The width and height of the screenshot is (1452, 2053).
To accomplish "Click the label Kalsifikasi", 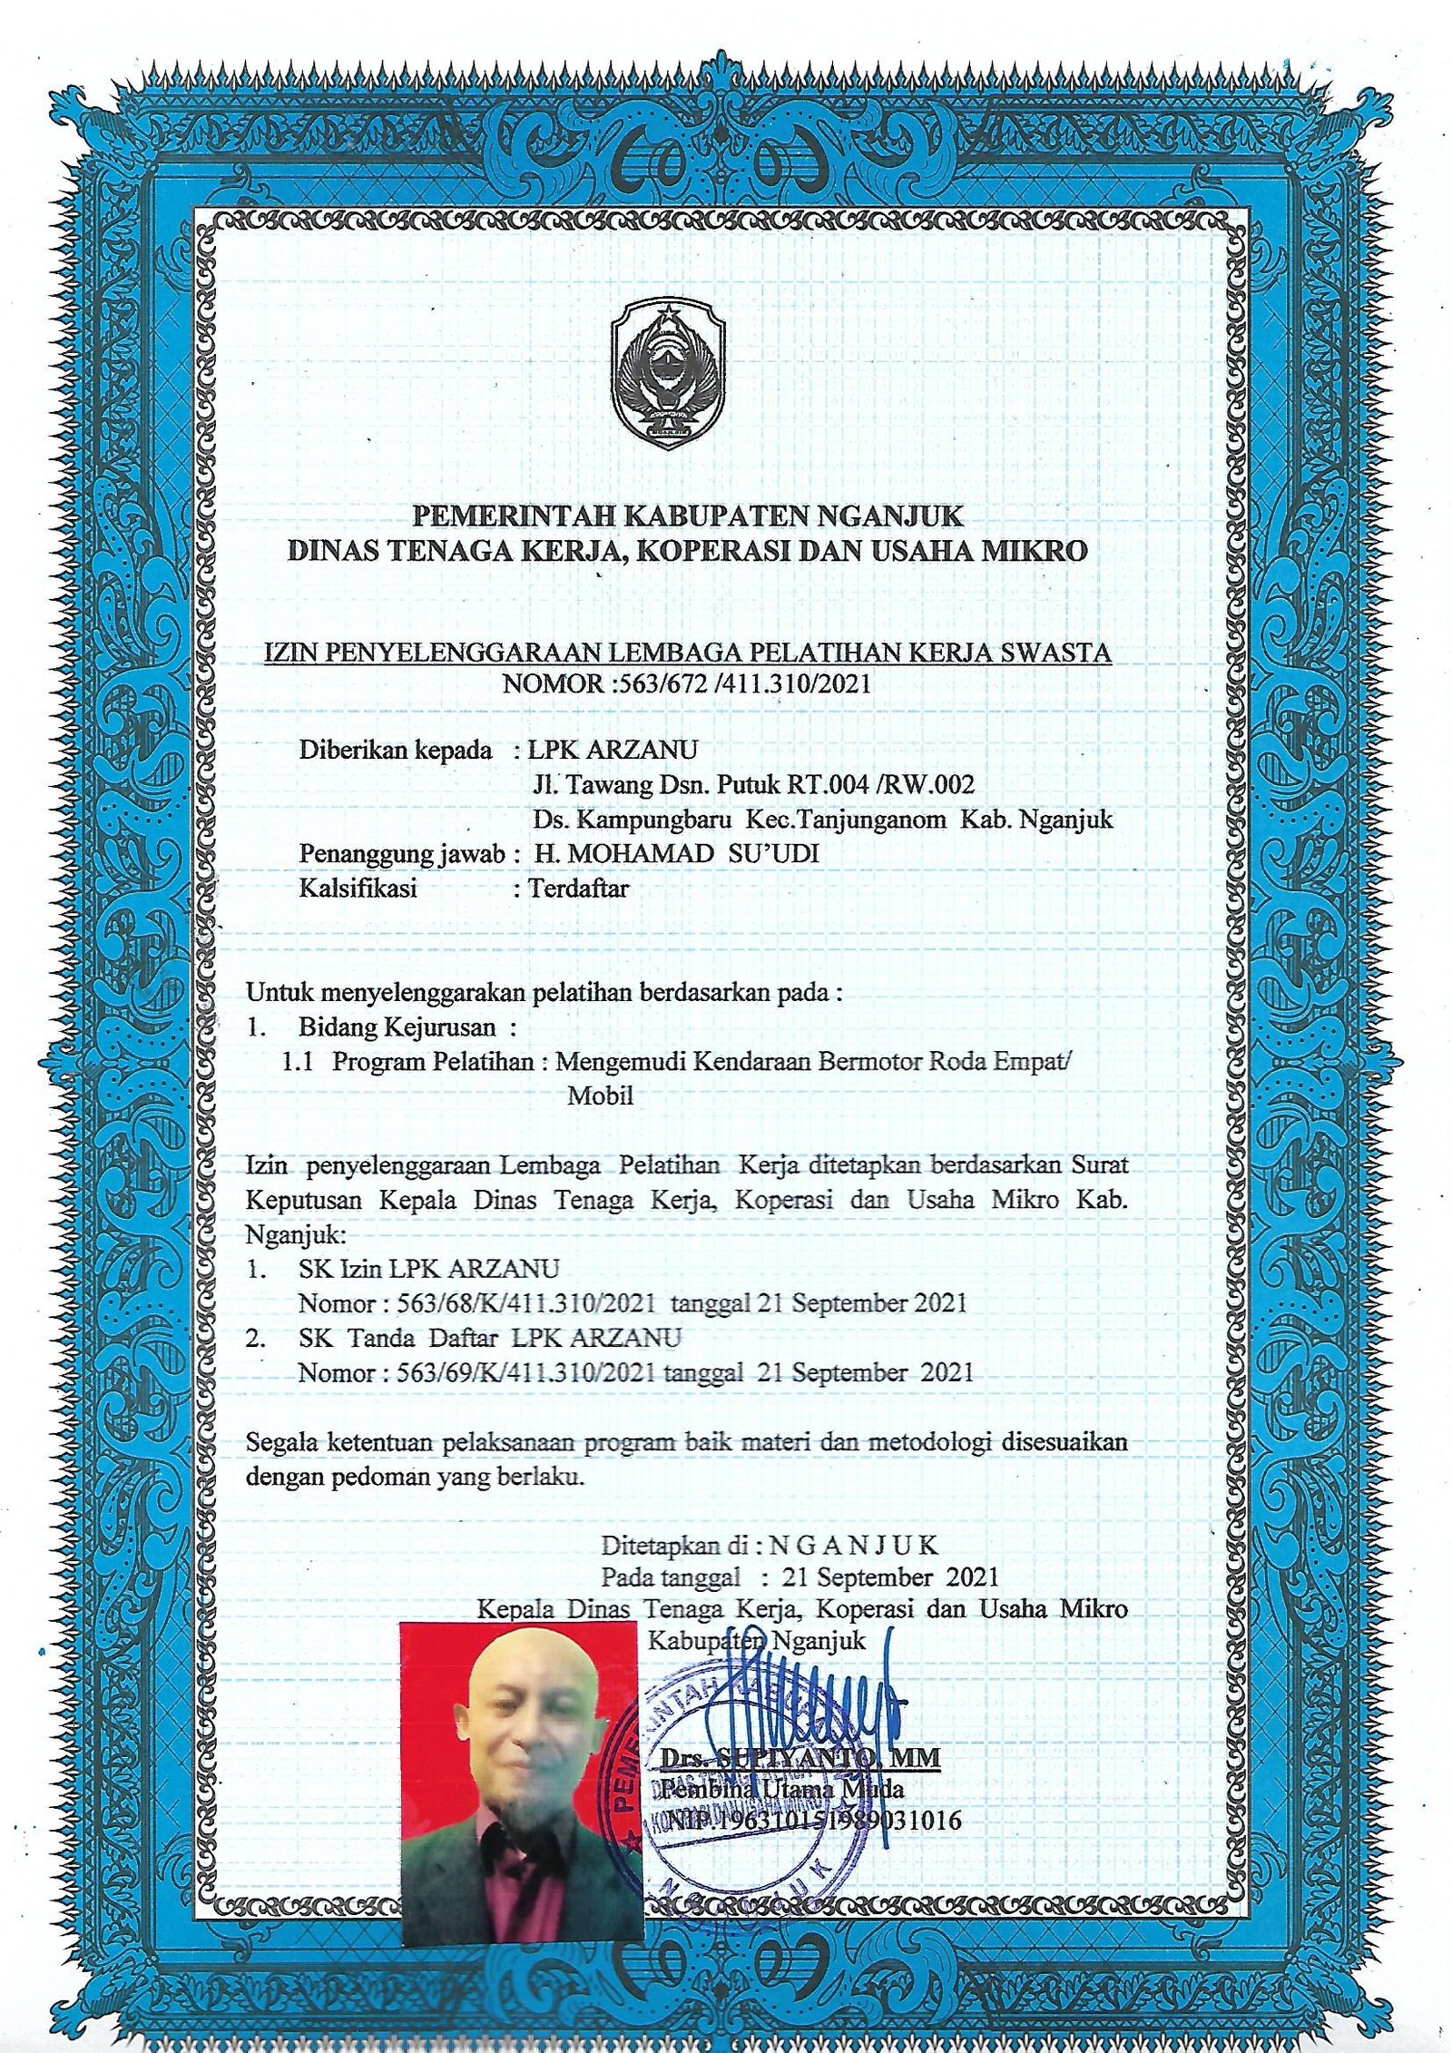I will (358, 888).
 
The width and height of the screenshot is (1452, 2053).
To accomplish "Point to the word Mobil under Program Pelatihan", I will (600, 1095).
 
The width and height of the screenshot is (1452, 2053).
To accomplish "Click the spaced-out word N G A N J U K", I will (853, 1545).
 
